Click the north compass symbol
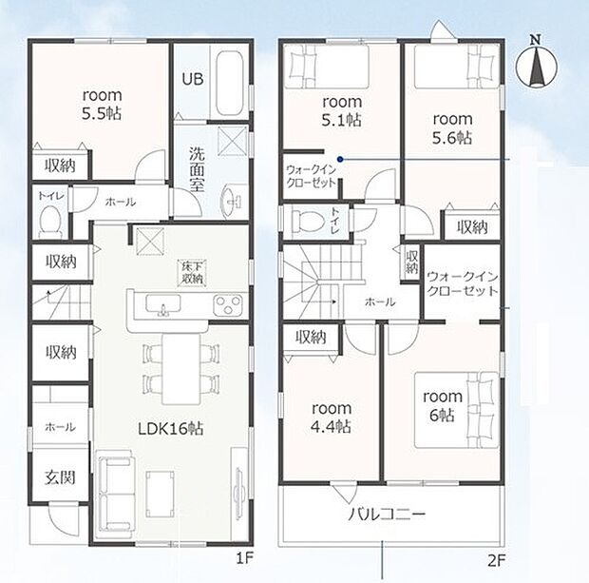537,63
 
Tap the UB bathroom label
193,79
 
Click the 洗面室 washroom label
197,169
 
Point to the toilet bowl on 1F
50,222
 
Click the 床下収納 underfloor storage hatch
192,273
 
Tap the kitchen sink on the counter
163,304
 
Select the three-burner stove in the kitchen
227,304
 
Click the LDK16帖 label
171,428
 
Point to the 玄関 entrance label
60,476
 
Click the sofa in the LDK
116,493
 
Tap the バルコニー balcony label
387,514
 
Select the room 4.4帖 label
332,418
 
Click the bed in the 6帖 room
457,410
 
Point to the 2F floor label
496,561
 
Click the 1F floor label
245,558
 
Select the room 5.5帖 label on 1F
102,105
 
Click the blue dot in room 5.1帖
340,159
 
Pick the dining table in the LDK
181,369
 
